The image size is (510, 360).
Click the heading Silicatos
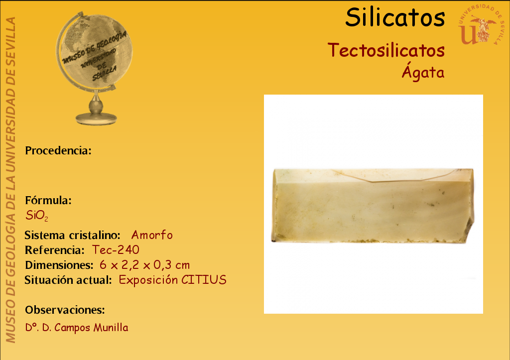(395, 17)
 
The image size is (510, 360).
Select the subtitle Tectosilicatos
(386, 50)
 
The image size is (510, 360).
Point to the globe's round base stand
(96, 119)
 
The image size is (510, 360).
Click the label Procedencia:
(58, 150)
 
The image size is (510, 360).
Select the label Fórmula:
(48, 200)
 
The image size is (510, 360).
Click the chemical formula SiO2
(37, 216)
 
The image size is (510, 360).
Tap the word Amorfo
(152, 235)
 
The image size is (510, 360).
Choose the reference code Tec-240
(116, 250)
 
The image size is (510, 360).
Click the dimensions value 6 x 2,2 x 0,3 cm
(145, 265)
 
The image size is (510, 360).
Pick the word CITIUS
(204, 280)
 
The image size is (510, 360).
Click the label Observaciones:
(65, 310)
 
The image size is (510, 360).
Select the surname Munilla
(111, 328)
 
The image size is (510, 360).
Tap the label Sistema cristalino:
(73, 235)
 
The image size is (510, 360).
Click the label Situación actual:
(68, 280)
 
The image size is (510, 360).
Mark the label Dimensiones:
(59, 265)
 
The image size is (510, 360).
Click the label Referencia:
(55, 250)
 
